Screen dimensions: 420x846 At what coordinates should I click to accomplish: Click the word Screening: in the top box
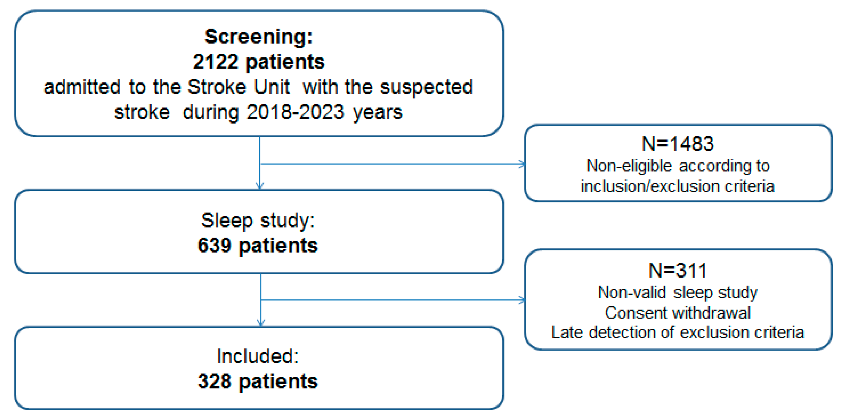[259, 36]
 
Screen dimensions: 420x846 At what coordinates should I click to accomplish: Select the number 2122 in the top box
[215, 62]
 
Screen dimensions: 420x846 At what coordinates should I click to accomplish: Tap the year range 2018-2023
[295, 112]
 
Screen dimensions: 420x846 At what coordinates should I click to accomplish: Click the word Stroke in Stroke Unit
[217, 87]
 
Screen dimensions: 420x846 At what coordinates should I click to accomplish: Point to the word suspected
[426, 87]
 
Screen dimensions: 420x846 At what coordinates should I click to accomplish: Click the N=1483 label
[677, 144]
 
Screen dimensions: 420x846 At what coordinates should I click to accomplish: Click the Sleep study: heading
[258, 220]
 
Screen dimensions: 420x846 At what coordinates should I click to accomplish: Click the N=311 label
[677, 270]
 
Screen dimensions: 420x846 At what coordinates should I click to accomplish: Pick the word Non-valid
[631, 292]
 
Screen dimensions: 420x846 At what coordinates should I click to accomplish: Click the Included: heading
[258, 356]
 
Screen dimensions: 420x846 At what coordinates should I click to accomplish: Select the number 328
[215, 382]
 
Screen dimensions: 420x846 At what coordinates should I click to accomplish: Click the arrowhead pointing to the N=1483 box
[522, 164]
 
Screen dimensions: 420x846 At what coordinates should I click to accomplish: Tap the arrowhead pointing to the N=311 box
[522, 300]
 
